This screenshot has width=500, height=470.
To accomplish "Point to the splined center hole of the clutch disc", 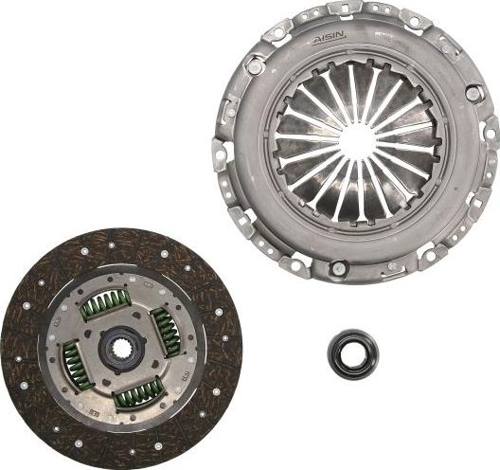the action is click(122, 349).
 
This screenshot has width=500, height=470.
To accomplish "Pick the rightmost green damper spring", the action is click(167, 333).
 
